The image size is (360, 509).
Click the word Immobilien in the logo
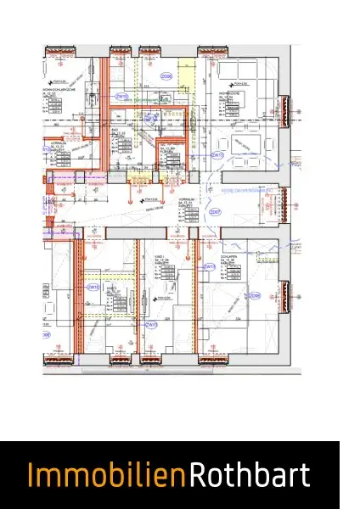107,476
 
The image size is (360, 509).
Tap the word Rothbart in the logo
250,476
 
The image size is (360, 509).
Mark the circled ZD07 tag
215,212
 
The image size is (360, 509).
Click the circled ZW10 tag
121,97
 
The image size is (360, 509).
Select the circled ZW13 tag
151,324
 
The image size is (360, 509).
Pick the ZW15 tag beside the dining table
217,155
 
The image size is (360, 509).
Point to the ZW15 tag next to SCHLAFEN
209,266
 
